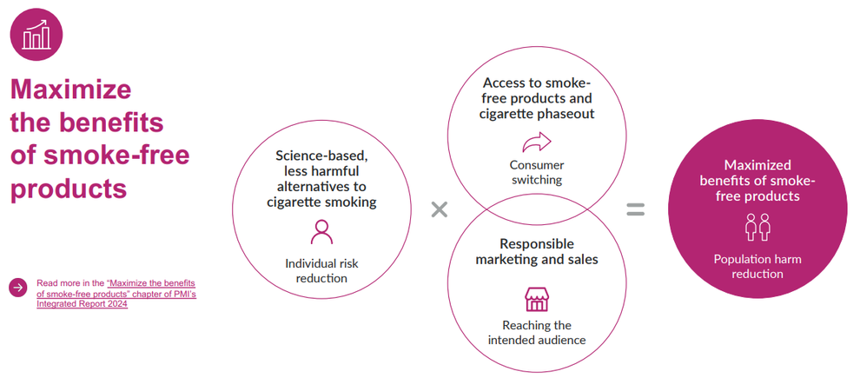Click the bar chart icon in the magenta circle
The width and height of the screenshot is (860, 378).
tap(36, 36)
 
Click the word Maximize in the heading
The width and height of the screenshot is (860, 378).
tap(70, 90)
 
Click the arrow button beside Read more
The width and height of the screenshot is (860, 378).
tap(17, 288)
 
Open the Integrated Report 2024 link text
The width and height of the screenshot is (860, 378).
tap(82, 303)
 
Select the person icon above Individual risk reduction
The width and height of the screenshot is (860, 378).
tap(321, 232)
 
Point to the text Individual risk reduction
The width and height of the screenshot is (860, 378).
tap(321, 270)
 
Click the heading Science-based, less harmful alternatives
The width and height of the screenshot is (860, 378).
tap(321, 178)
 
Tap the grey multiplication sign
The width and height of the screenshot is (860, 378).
tap(440, 209)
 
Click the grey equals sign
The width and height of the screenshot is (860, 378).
tap(636, 209)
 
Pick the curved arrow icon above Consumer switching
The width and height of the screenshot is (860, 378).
tap(536, 142)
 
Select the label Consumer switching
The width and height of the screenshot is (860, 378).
tap(536, 172)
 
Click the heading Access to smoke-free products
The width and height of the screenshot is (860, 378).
tap(536, 97)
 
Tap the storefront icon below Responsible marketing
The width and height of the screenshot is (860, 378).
tap(536, 299)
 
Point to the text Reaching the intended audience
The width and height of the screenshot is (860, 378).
tap(536, 332)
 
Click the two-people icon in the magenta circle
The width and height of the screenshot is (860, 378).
tap(757, 229)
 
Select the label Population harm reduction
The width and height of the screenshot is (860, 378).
tap(757, 266)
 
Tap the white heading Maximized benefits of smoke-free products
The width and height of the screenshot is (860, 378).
tap(757, 180)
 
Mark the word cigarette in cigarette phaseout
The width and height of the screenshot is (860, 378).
tap(507, 114)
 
